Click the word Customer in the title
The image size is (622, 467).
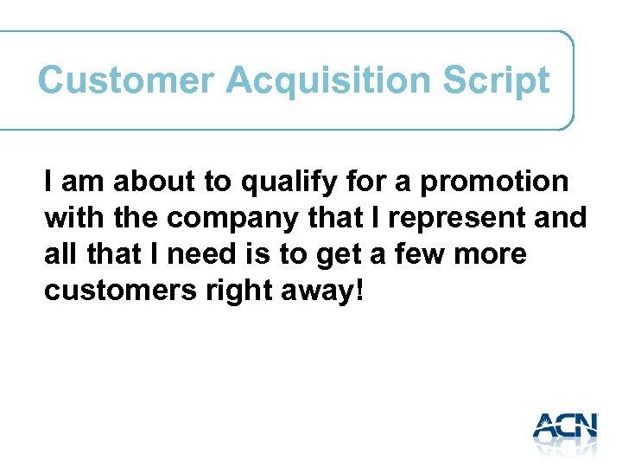tap(125, 80)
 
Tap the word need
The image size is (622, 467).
tap(194, 255)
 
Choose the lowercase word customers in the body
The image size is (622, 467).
tap(122, 291)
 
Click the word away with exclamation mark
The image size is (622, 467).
tap(325, 291)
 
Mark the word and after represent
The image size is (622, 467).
tap(561, 219)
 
